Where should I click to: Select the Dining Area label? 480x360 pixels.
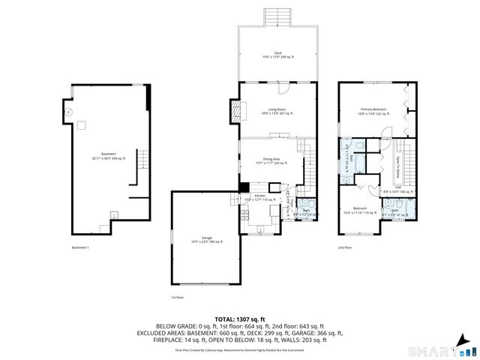pos(271,160)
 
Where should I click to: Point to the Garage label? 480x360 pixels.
pos(205,239)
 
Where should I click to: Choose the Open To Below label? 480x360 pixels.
pos(397,166)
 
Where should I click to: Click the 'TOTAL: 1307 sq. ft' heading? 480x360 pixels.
pos(239,319)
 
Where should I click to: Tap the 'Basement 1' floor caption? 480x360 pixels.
pos(81,247)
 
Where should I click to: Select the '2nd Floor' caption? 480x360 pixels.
pos(346,247)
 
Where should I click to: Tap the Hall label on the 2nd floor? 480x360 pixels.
pos(398,189)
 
